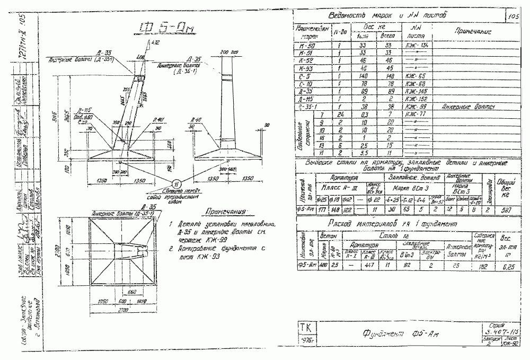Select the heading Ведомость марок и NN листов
(386, 15)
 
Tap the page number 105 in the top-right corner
(513, 17)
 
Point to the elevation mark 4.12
(155, 42)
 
